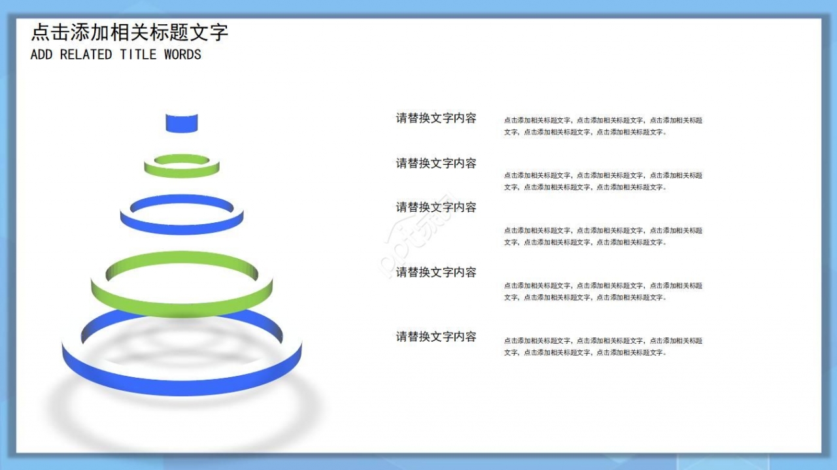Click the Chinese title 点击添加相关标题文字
point(129,33)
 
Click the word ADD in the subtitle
point(41,55)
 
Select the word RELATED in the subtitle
point(86,55)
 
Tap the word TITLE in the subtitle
point(138,55)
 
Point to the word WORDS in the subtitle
point(182,55)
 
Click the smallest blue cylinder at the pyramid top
point(181,123)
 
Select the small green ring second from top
point(182,172)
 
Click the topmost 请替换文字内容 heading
point(436,118)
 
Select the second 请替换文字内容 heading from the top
point(436,163)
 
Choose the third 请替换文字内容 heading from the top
point(436,207)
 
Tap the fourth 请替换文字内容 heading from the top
point(436,272)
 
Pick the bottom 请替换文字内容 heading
point(436,337)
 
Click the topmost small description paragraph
point(603,126)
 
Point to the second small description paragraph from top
point(603,181)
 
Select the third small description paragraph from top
point(603,236)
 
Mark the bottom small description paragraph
point(603,346)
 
